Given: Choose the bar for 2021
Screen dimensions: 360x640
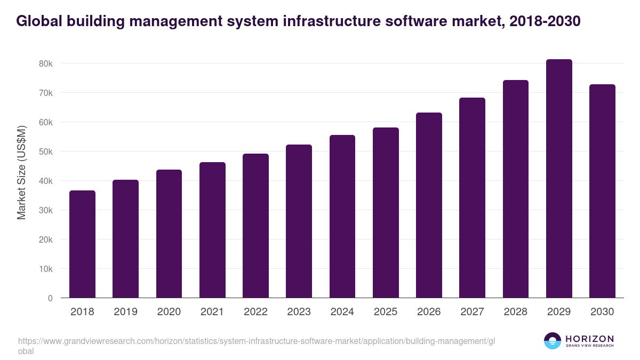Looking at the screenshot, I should pos(212,230).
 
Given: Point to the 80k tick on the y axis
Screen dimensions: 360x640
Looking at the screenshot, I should pos(46,63).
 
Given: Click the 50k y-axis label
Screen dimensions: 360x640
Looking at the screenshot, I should pos(46,151).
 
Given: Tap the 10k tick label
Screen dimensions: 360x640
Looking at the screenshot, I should pos(46,269).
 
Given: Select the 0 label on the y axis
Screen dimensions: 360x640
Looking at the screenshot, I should pos(50,298).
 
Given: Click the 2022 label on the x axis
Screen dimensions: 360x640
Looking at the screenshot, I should pos(255,312).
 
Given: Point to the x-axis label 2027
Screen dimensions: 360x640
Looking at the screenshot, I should pos(472,312).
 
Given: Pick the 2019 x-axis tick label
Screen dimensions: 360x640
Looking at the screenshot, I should pos(125,312).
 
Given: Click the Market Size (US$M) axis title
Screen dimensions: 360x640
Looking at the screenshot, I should pos(22,173).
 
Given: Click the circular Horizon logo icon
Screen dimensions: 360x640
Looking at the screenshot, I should pos(552,341).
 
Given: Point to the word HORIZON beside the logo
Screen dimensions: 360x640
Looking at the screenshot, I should pos(589,339).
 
